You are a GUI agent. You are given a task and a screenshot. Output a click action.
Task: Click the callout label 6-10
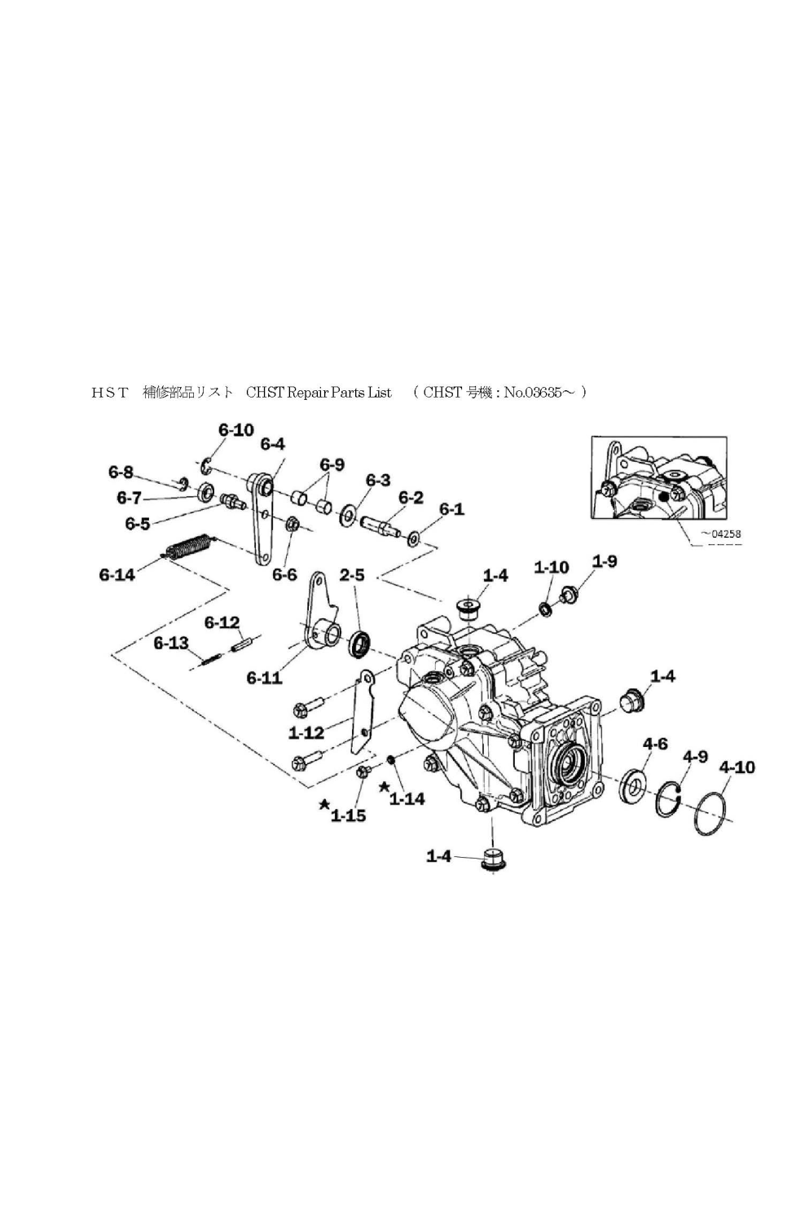coord(235,430)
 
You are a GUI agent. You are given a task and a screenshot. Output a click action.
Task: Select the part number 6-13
coord(171,643)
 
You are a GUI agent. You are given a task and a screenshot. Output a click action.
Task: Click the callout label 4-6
coord(655,745)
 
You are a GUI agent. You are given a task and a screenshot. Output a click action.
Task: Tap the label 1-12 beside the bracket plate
coord(306,733)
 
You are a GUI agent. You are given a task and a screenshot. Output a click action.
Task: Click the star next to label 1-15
coord(324,804)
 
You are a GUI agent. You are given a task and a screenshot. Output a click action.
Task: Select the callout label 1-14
coord(407,799)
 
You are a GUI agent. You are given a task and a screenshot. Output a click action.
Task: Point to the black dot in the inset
coord(662,497)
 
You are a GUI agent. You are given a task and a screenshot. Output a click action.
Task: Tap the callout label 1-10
coord(552,567)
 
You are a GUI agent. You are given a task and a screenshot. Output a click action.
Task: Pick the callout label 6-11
coord(264,679)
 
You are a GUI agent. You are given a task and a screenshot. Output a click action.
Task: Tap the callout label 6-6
coord(284,574)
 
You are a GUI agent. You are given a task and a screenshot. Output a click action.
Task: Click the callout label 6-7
coord(129,498)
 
